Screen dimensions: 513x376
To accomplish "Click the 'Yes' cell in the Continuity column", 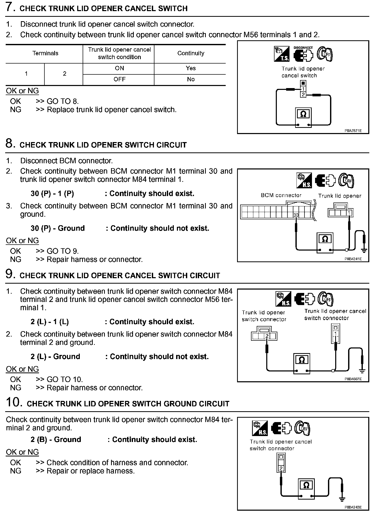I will (x=191, y=68).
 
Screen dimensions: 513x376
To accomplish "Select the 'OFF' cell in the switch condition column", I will (x=119, y=79).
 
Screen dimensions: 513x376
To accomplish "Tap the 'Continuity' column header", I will (x=191, y=53).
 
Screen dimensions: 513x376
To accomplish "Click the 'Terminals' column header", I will (x=45, y=53).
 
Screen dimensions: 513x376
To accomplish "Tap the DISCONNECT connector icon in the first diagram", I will (x=303, y=54).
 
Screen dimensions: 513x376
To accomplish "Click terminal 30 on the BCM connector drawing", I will (x=296, y=215).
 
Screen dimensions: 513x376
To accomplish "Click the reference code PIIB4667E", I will (x=353, y=379).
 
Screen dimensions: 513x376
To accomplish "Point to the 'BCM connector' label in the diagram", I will (x=281, y=195).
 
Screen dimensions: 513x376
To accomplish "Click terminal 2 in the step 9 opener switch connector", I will (x=267, y=336).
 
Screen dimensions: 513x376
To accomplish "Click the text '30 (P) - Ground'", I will (x=58, y=228).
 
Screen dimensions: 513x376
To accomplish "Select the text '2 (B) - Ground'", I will (x=56, y=439).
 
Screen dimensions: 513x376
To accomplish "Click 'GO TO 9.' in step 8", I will (x=63, y=251).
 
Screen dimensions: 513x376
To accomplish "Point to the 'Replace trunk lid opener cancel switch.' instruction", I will (x=112, y=110).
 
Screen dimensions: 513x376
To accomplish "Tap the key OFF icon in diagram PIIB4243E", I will (x=302, y=429).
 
